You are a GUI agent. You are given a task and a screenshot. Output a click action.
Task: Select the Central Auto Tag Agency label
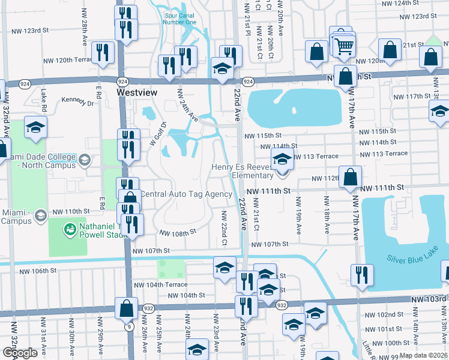pyautogui.click(x=185, y=194)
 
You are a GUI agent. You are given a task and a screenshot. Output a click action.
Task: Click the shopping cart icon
pyautogui.click(x=344, y=45)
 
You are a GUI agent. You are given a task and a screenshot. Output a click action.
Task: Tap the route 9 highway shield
pyautogui.click(x=129, y=327)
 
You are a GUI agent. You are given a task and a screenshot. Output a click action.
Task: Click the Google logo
pyautogui.click(x=19, y=353)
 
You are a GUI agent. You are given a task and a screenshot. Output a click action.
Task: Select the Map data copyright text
pyautogui.click(x=423, y=355)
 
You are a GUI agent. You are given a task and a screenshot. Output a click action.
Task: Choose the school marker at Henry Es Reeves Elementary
pyautogui.click(x=282, y=160)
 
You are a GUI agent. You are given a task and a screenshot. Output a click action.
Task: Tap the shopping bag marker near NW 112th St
pyautogui.click(x=350, y=176)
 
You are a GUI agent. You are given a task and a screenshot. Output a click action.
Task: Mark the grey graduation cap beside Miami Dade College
pyautogui.click(x=85, y=159)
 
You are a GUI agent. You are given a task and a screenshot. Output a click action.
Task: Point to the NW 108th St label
pyautogui.click(x=178, y=232)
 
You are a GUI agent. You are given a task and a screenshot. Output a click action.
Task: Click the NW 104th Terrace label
pyautogui.click(x=160, y=284)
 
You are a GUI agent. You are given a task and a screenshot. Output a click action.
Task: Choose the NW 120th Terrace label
pyautogui.click(x=81, y=61)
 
